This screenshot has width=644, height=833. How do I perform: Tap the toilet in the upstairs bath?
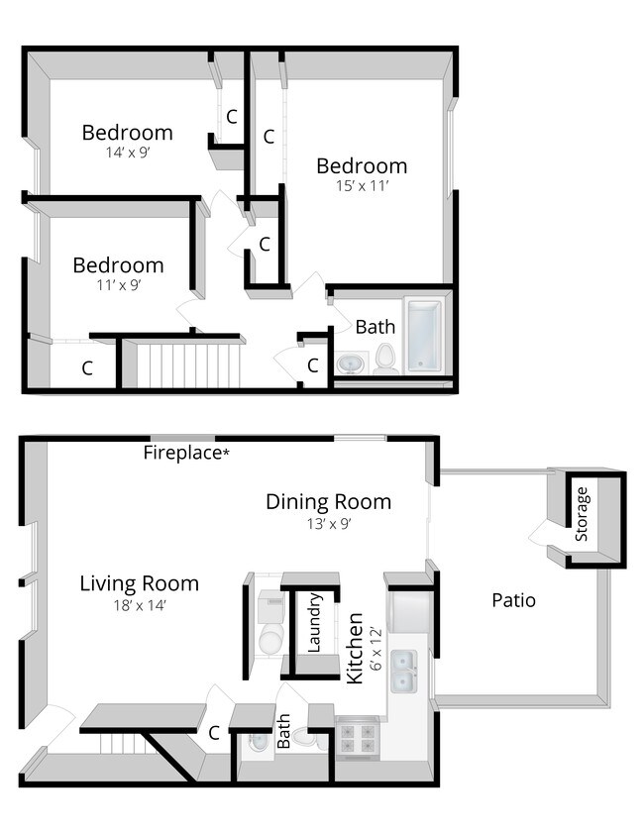click(385, 359)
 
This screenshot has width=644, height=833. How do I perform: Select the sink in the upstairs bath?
click(349, 364)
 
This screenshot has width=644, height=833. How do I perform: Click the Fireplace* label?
click(186, 454)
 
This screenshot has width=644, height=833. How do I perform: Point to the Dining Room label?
click(328, 501)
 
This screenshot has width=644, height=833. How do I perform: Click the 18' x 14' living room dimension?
click(139, 605)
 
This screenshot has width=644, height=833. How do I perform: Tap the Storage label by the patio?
click(582, 514)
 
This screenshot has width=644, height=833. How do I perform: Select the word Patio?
click(513, 600)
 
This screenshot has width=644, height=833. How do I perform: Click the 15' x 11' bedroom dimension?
click(361, 185)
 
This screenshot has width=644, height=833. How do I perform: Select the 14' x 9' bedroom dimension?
click(127, 153)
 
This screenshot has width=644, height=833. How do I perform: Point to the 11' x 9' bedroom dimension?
click(118, 285)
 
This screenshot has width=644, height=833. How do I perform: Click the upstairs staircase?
click(188, 363)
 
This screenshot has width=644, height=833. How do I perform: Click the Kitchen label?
click(355, 648)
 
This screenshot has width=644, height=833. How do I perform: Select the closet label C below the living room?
click(213, 734)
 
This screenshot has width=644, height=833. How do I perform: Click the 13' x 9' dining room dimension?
click(328, 523)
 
